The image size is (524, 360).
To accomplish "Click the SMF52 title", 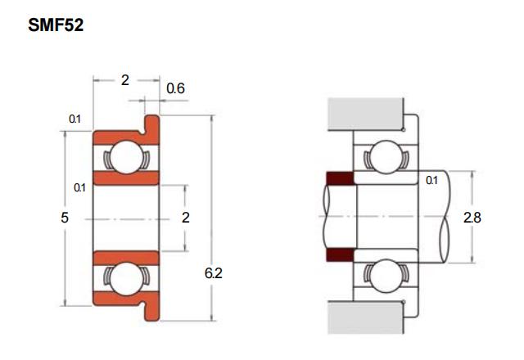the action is tap(56, 25).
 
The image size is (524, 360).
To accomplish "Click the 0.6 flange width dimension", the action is tap(175, 88).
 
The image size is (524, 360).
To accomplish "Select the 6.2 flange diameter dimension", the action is tap(214, 273).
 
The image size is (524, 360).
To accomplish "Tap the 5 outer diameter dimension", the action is tap(65, 218).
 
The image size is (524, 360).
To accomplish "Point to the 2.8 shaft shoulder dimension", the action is tap(472, 218).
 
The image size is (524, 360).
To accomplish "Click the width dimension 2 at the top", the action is tap(125, 80).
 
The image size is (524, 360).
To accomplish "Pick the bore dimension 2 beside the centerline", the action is tap(186, 218).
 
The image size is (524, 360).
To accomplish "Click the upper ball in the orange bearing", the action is tap(126, 157).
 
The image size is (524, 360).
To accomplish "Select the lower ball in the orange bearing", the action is tap(126, 279).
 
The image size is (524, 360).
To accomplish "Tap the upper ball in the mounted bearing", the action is tap(386, 157).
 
